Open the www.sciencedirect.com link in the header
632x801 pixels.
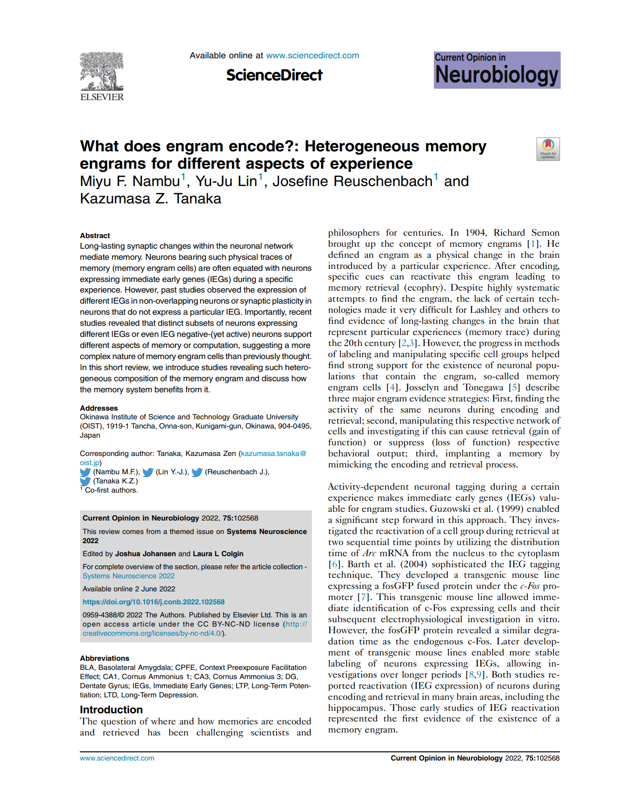(x=312, y=55)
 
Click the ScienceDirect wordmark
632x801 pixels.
(x=274, y=75)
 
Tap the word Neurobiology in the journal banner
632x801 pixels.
(x=497, y=76)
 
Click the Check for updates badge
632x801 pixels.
(x=548, y=149)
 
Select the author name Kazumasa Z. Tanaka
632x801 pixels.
(x=150, y=199)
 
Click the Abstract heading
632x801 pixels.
(x=95, y=236)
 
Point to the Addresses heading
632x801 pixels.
(x=99, y=408)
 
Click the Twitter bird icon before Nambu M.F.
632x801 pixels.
(x=85, y=472)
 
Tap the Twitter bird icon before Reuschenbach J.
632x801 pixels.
(x=197, y=472)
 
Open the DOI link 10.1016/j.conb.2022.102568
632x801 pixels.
(x=153, y=602)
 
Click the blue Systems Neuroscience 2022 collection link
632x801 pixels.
(x=128, y=576)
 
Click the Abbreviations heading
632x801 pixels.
(x=105, y=658)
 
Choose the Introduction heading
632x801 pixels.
(x=111, y=710)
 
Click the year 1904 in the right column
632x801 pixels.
(x=475, y=233)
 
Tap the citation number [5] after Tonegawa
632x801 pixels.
(x=514, y=387)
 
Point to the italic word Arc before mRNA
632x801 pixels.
(x=369, y=553)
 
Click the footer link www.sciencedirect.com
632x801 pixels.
(x=117, y=758)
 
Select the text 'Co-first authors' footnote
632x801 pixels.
(x=111, y=490)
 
